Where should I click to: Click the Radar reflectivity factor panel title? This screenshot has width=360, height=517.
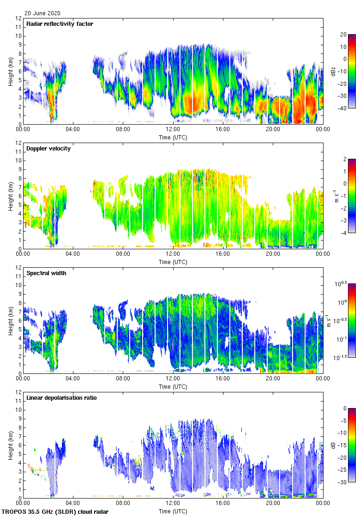pos(60,24)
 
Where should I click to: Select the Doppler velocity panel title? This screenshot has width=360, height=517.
pos(48,149)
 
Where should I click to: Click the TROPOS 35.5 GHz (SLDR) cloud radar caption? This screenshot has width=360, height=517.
pos(56,512)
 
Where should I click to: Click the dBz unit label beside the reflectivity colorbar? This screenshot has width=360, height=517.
pos(333,72)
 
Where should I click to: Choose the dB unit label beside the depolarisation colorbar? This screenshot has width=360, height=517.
pos(333,445)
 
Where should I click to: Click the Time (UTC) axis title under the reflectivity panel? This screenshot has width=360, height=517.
pos(173,137)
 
